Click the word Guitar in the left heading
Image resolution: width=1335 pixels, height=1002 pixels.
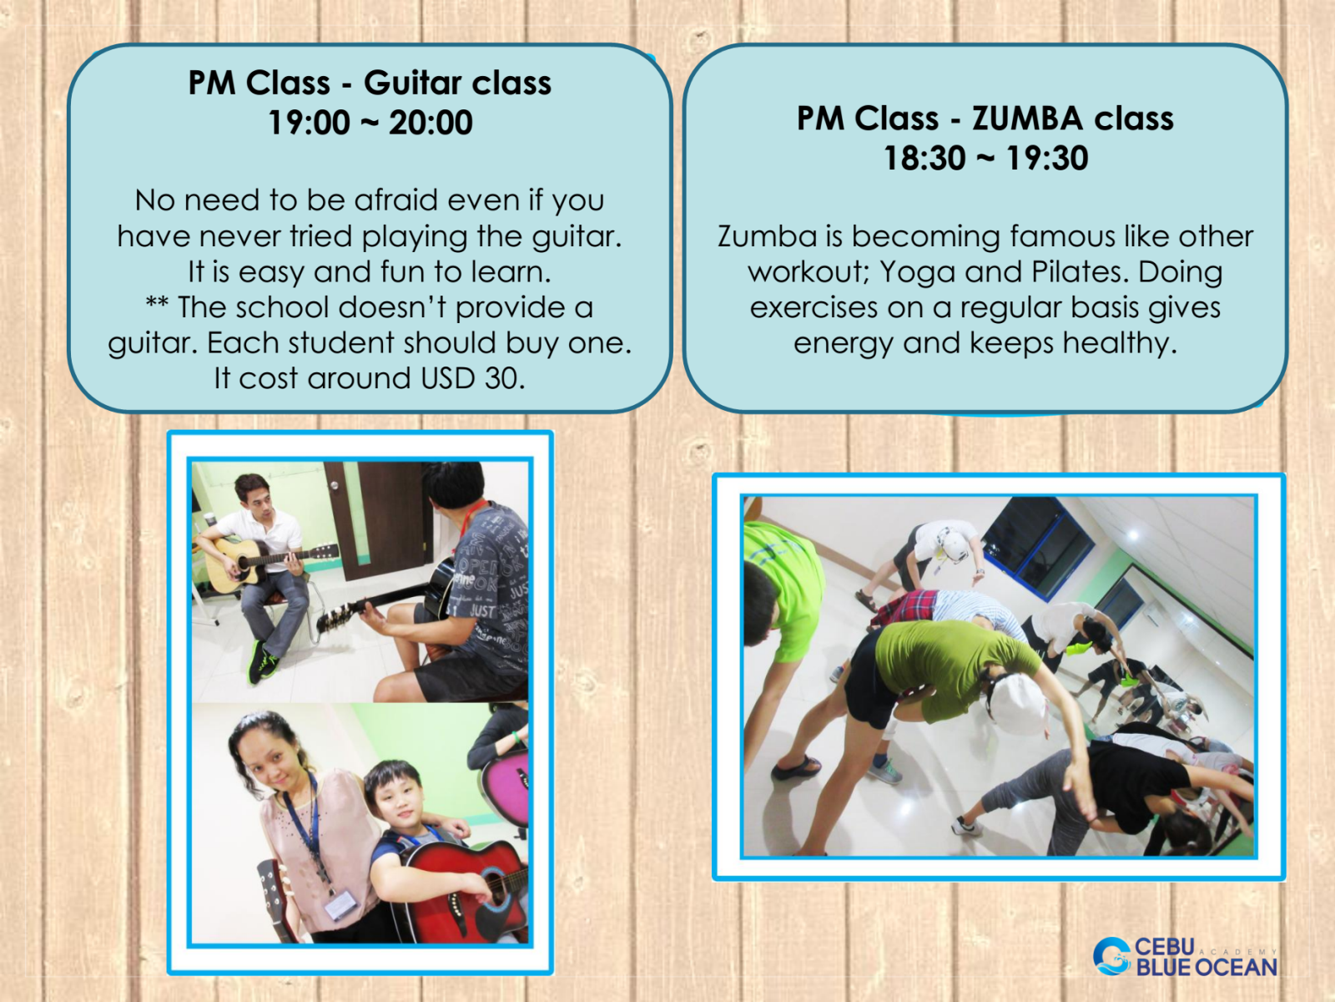412,83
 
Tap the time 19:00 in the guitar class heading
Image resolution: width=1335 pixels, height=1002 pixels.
310,122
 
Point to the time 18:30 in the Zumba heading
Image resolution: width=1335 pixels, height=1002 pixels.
924,158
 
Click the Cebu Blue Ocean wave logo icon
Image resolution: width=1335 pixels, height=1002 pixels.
1112,956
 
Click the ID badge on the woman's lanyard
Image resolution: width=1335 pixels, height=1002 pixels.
340,903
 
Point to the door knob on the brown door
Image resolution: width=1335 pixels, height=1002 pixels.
334,484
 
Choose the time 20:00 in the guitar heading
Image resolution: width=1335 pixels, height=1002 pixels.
431,122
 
